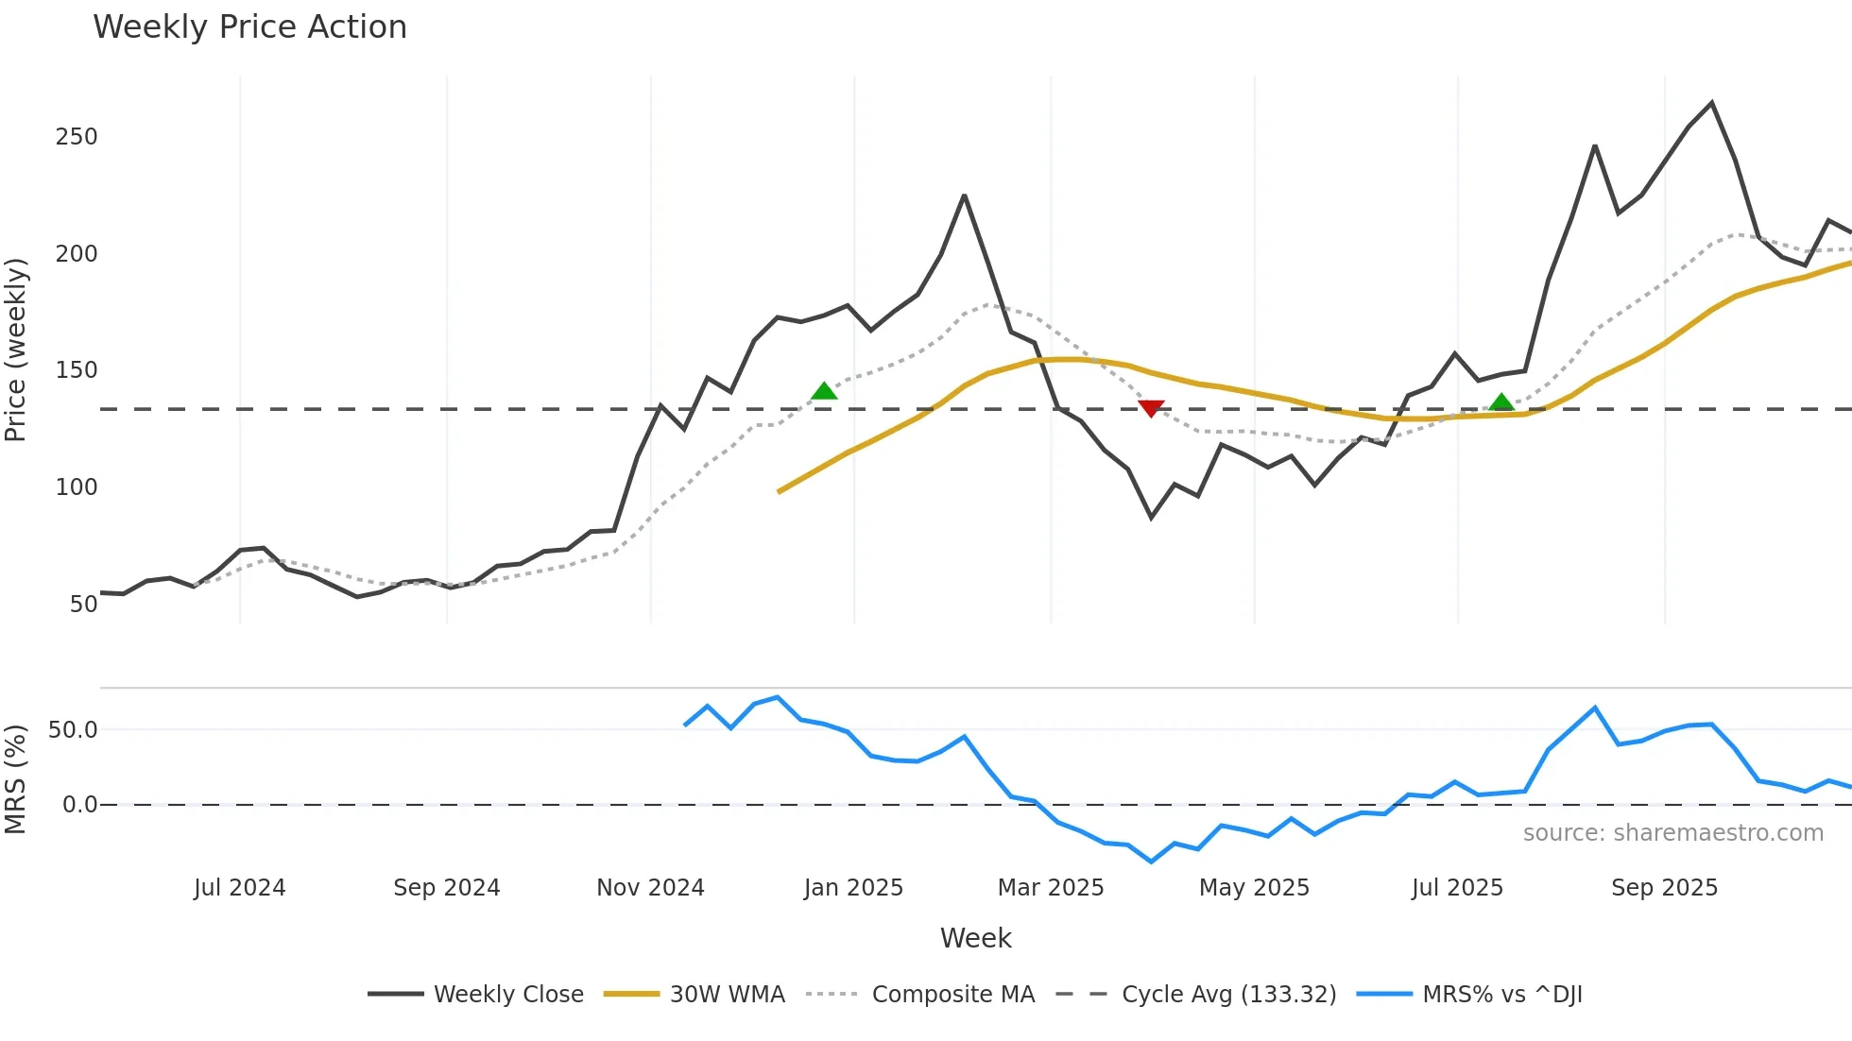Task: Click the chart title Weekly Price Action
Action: click(249, 27)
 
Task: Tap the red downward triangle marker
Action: click(1151, 408)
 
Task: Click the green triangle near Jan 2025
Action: click(824, 391)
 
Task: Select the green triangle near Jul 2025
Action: click(1501, 403)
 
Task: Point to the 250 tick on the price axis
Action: click(77, 137)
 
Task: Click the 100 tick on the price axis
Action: click(77, 487)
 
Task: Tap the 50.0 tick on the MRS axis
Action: click(73, 730)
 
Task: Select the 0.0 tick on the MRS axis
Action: click(79, 805)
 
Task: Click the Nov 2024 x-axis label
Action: click(650, 888)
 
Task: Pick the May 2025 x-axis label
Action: click(1254, 888)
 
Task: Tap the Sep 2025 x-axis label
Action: click(1664, 888)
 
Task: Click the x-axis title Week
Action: click(975, 938)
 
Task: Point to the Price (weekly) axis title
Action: click(15, 350)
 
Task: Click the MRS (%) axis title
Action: click(15, 779)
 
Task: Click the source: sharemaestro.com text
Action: click(1672, 833)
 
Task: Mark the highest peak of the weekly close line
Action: click(1711, 103)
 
